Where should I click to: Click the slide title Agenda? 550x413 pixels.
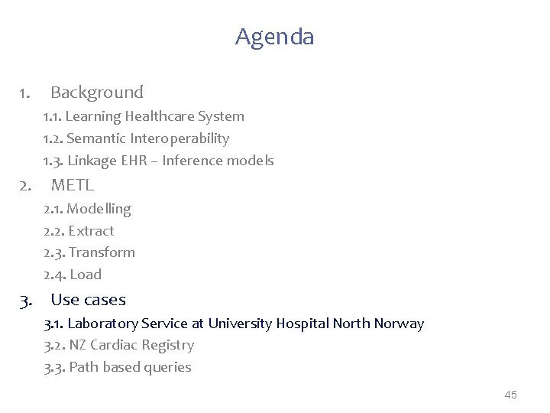click(x=274, y=37)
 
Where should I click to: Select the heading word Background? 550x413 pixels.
click(x=97, y=93)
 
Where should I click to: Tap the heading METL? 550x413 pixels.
click(x=73, y=184)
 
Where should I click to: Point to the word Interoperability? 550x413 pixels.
click(x=180, y=138)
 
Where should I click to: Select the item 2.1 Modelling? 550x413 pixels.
click(x=87, y=209)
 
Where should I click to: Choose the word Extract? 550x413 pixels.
click(x=91, y=231)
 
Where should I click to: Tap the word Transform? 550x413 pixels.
click(x=102, y=252)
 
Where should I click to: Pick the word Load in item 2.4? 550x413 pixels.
click(x=86, y=275)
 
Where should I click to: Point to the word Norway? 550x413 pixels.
click(x=399, y=324)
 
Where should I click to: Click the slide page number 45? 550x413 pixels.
click(x=511, y=395)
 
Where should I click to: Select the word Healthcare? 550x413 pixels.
click(x=160, y=117)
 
